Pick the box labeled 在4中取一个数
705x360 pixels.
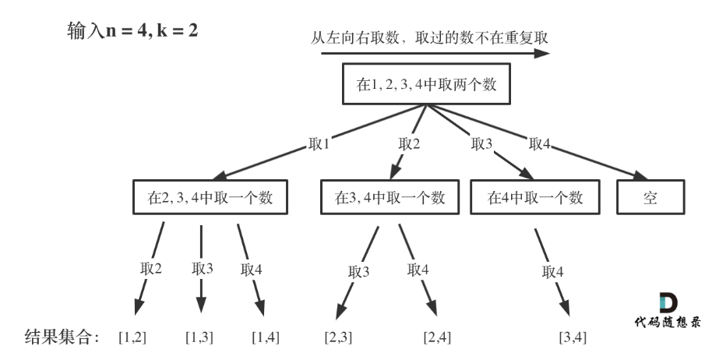536,197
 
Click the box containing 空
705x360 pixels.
650,197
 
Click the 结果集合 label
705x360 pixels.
62,337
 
